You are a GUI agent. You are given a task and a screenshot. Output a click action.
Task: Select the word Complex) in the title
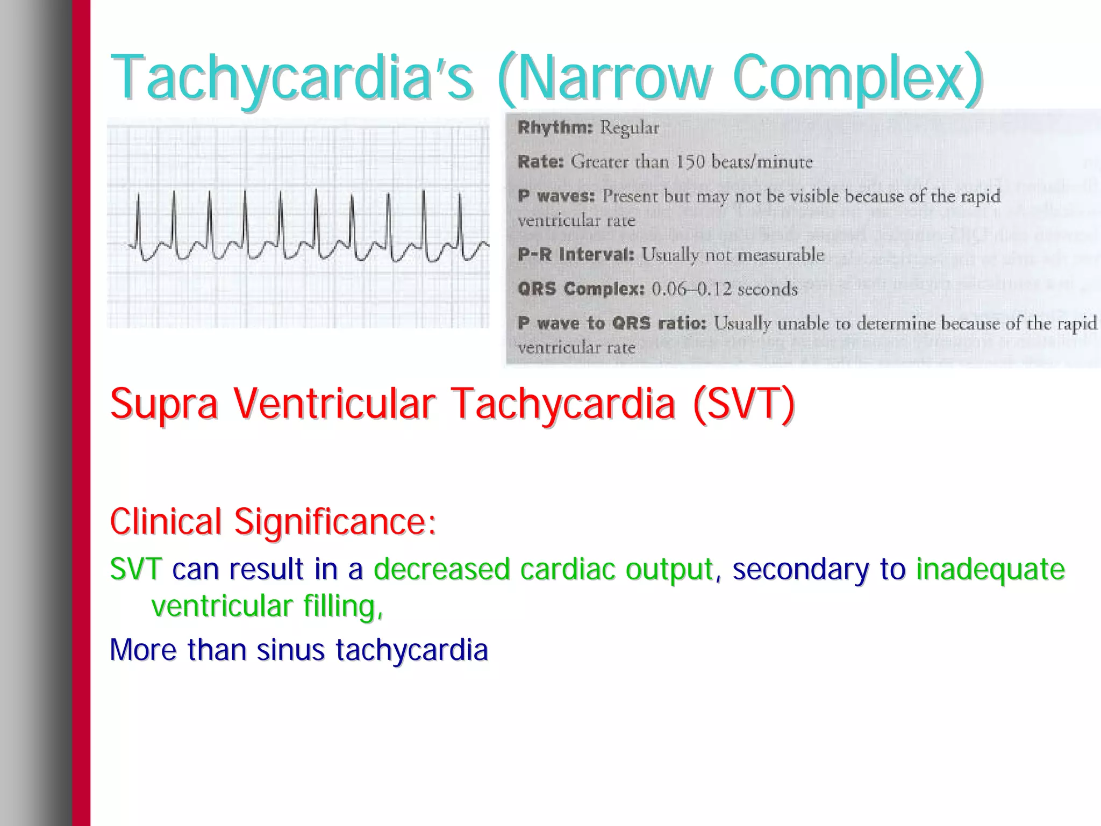[857, 78]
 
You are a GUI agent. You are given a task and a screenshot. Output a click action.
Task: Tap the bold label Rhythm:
[555, 128]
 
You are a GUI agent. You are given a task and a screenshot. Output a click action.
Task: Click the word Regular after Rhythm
[629, 128]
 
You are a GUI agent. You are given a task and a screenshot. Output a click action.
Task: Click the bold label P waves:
[556, 196]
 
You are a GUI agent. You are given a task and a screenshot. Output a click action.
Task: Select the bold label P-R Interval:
[576, 255]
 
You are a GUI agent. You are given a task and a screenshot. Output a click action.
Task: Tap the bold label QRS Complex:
[581, 289]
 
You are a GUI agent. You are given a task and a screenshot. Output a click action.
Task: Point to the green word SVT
[135, 569]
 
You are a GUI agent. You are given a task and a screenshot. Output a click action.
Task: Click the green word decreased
[441, 569]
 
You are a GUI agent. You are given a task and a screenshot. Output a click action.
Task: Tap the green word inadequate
[990, 569]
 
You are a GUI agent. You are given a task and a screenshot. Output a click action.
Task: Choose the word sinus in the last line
[290, 650]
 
